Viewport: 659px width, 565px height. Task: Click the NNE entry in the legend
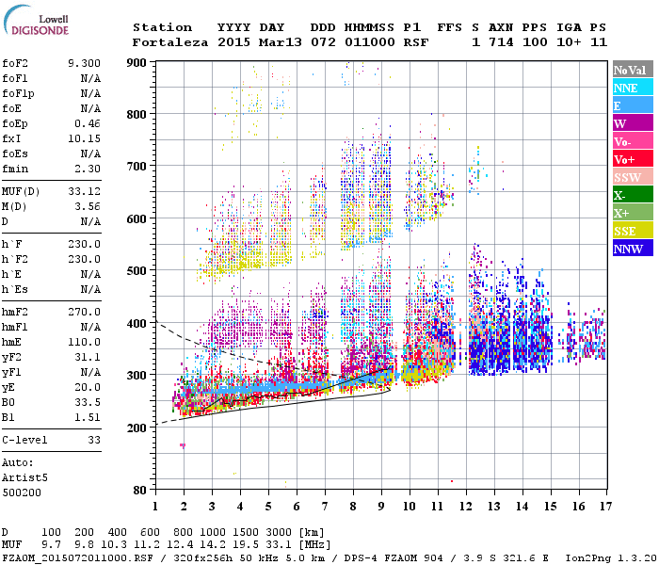pyautogui.click(x=632, y=88)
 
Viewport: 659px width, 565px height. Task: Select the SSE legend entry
pyautogui.click(x=632, y=231)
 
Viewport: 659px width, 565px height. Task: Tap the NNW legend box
pyautogui.click(x=632, y=249)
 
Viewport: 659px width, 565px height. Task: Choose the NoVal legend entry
pyautogui.click(x=632, y=70)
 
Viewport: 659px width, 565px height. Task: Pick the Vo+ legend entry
pyautogui.click(x=632, y=159)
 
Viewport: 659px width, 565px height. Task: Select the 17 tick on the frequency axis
pyautogui.click(x=604, y=507)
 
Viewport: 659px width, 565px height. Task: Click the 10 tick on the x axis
pyautogui.click(x=408, y=507)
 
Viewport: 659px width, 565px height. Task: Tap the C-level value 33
pyautogui.click(x=93, y=439)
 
